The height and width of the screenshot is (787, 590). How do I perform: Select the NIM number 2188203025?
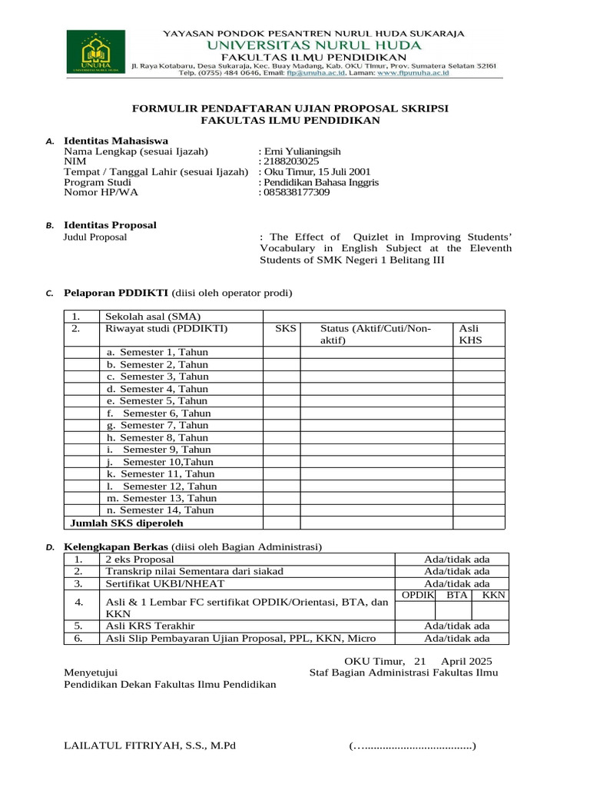[x=290, y=161]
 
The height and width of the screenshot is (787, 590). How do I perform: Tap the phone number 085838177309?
[x=297, y=193]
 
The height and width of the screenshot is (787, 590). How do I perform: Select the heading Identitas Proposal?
[x=110, y=225]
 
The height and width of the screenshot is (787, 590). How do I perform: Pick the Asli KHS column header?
[x=469, y=334]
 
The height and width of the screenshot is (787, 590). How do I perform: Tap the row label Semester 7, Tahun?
[x=157, y=425]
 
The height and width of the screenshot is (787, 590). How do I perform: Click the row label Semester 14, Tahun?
[x=160, y=510]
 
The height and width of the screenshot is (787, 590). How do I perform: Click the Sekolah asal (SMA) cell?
[x=147, y=317]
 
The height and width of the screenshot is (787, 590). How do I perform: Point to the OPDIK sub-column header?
[x=419, y=596]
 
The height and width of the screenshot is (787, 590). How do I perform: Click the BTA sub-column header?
[x=457, y=596]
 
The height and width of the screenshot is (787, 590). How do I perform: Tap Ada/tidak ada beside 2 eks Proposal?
[x=456, y=560]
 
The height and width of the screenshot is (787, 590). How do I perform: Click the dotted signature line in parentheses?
[x=412, y=746]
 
